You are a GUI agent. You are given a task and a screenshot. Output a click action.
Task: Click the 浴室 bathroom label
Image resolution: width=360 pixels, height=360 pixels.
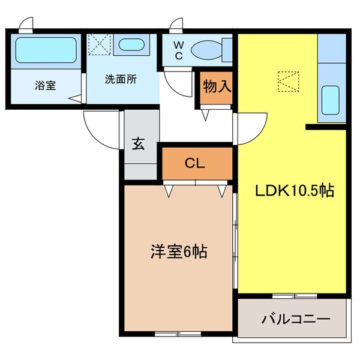coord(45,85)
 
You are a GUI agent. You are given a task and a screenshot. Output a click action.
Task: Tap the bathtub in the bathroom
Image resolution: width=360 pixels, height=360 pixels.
coord(45,52)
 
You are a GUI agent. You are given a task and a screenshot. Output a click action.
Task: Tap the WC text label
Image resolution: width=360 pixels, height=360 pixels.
coord(179,47)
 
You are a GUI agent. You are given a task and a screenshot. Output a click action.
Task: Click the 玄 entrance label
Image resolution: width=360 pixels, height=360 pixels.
coord(139,144)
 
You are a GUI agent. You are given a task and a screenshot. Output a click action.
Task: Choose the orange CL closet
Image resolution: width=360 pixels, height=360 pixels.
coord(196,162)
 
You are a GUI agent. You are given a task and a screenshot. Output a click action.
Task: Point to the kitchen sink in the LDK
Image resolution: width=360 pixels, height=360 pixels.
coord(331,100)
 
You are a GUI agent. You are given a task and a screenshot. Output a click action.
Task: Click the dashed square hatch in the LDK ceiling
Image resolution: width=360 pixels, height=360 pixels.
coord(287,82)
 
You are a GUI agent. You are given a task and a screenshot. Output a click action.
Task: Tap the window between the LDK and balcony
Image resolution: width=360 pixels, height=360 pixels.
coord(293,296)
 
